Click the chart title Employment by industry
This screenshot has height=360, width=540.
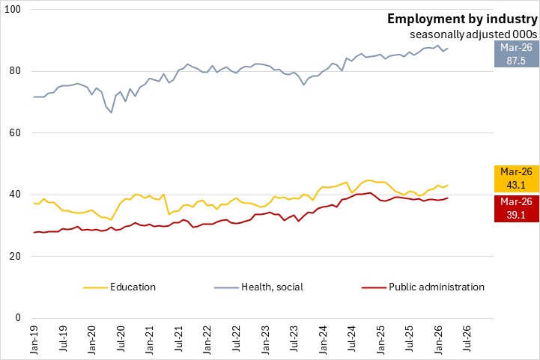pyautogui.click(x=462, y=19)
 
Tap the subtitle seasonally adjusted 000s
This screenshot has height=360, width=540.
pyautogui.click(x=473, y=34)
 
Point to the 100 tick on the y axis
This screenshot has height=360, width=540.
pyautogui.click(x=13, y=10)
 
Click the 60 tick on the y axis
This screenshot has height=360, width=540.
pyautogui.click(x=16, y=133)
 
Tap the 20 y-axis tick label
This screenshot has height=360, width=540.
pyautogui.click(x=16, y=257)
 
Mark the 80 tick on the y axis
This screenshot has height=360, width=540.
pyautogui.click(x=16, y=72)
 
